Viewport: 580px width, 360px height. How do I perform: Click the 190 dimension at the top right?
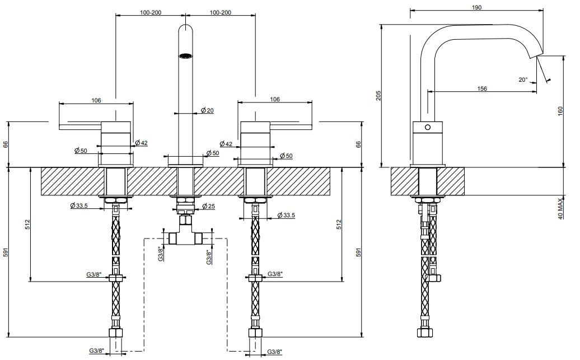pyautogui.click(x=477, y=7)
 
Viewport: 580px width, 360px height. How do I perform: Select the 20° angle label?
pyautogui.click(x=523, y=80)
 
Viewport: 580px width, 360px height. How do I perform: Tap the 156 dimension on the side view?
pyautogui.click(x=482, y=88)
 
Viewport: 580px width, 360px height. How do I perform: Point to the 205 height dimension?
pyautogui.click(x=378, y=95)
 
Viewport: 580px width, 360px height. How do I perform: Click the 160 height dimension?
pyautogui.click(x=560, y=111)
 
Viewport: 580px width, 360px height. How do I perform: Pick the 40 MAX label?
pyautogui.click(x=560, y=209)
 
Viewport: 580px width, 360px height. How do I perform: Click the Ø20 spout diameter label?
pyautogui.click(x=207, y=110)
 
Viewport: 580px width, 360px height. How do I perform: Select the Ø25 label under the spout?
pyautogui.click(x=209, y=206)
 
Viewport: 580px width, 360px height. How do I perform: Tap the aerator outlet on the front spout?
pyautogui.click(x=186, y=56)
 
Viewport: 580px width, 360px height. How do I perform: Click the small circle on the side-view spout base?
pyautogui.click(x=428, y=127)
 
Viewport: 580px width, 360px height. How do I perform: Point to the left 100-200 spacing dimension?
pyautogui.click(x=151, y=12)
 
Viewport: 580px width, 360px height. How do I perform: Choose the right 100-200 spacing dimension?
pyautogui.click(x=221, y=12)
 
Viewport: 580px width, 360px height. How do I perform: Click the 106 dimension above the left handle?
pyautogui.click(x=96, y=100)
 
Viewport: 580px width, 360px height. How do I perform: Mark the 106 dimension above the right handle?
pyautogui.click(x=275, y=99)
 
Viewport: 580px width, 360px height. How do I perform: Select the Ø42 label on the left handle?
pyautogui.click(x=141, y=142)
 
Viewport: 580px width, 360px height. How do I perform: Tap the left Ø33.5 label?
pyautogui.click(x=79, y=205)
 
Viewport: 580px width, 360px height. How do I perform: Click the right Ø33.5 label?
pyautogui.click(x=286, y=215)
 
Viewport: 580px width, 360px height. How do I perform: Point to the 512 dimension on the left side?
pyautogui.click(x=27, y=225)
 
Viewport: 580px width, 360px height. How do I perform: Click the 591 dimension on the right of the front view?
pyautogui.click(x=358, y=253)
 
